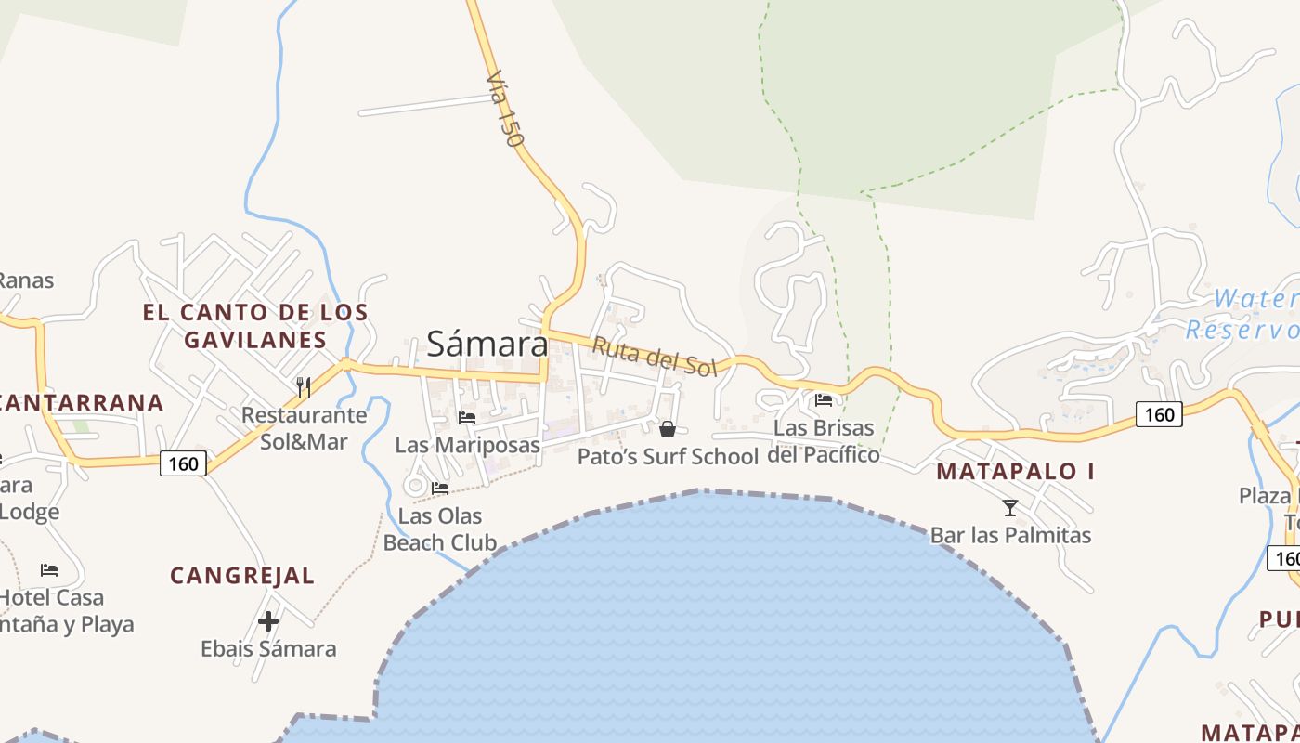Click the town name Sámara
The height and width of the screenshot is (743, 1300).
[487, 345]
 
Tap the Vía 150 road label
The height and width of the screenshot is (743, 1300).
[505, 111]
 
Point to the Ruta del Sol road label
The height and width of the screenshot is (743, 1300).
[655, 357]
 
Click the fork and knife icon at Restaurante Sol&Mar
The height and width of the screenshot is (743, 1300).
[304, 385]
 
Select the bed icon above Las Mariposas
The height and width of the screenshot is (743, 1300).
[467, 418]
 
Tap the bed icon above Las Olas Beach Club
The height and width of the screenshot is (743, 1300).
[440, 488]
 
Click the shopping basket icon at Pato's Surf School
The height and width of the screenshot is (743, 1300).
[667, 428]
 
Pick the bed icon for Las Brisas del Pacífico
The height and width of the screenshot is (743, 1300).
[823, 400]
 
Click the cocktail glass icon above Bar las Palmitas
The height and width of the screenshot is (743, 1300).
[1010, 507]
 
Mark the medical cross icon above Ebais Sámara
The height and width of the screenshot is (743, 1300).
[268, 620]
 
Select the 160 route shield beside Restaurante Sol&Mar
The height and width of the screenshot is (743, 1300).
[183, 463]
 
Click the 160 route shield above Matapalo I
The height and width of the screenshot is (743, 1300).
[1159, 414]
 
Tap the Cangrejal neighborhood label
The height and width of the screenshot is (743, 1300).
[242, 576]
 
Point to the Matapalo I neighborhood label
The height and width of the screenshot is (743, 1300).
[1015, 471]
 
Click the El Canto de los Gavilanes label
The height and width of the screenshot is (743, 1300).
[255, 325]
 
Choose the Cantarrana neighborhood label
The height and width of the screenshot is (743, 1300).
[82, 403]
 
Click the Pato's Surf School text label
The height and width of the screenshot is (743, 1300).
[668, 456]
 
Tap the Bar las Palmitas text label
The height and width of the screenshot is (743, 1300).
[1010, 535]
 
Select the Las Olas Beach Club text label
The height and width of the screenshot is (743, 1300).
[440, 529]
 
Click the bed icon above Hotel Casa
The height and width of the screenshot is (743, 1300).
[49, 569]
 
